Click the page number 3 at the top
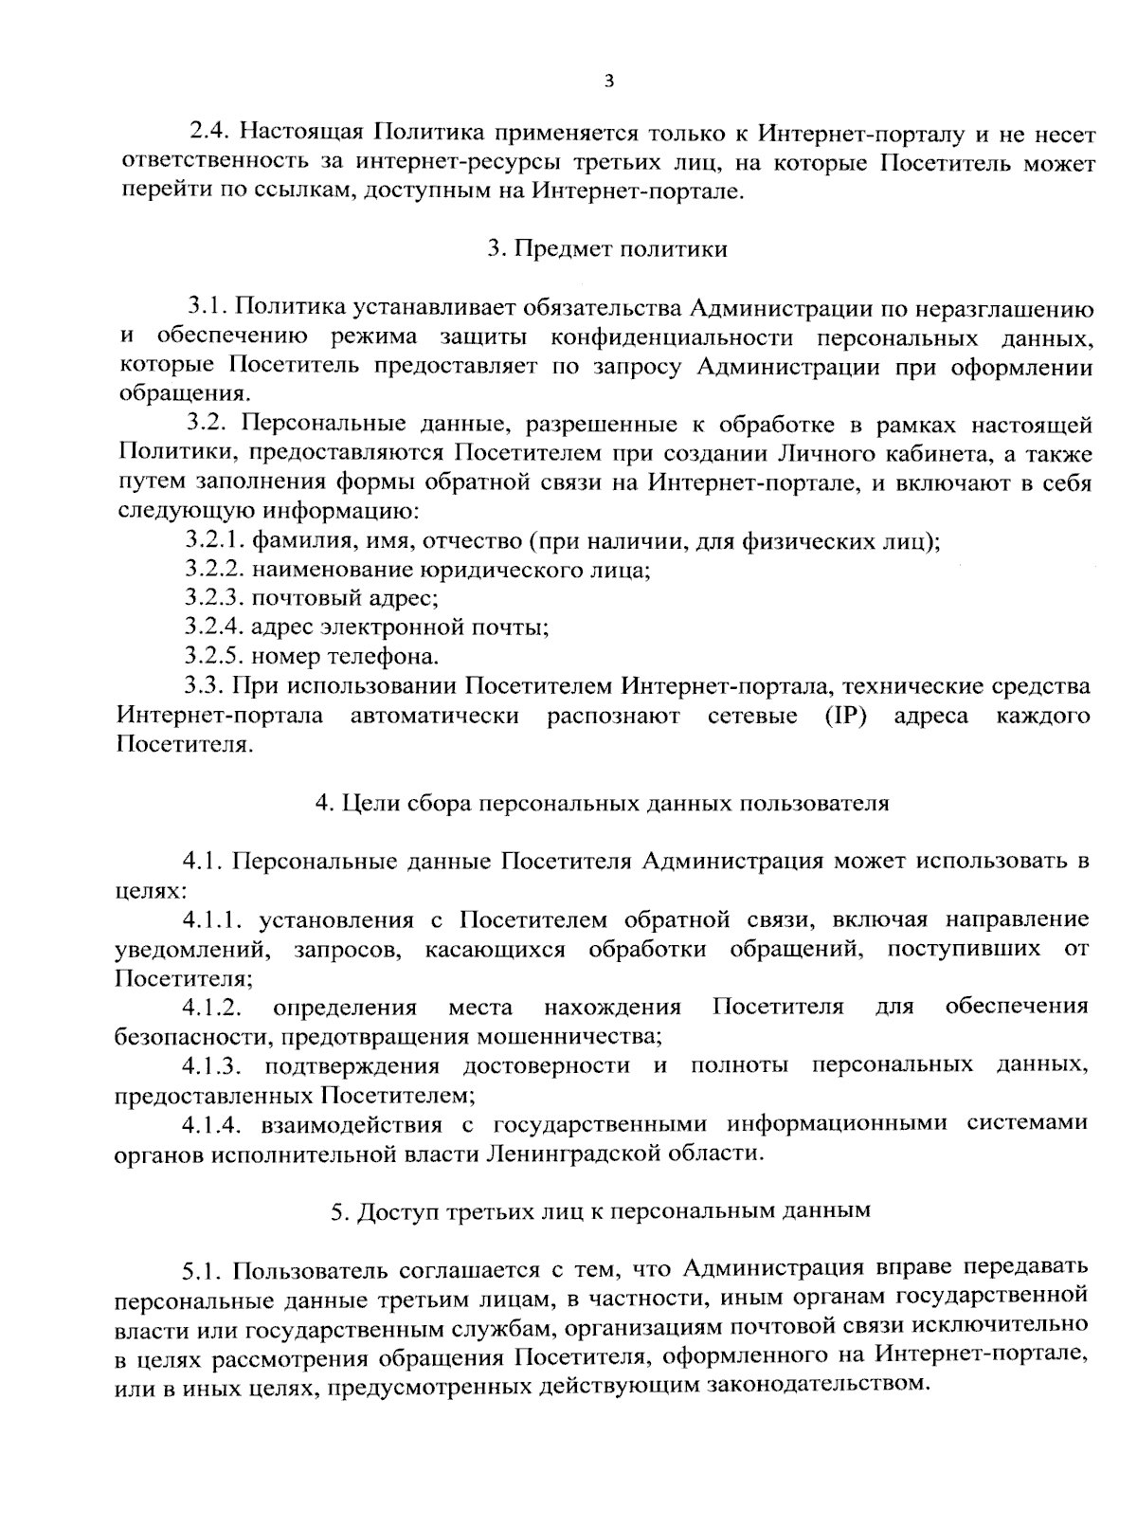click(608, 82)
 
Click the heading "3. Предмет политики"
click(607, 249)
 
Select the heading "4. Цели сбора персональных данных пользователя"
click(603, 803)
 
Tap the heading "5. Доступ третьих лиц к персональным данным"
click(601, 1210)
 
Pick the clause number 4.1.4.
click(216, 1124)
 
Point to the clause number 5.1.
click(203, 1269)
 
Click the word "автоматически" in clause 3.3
click(435, 715)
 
